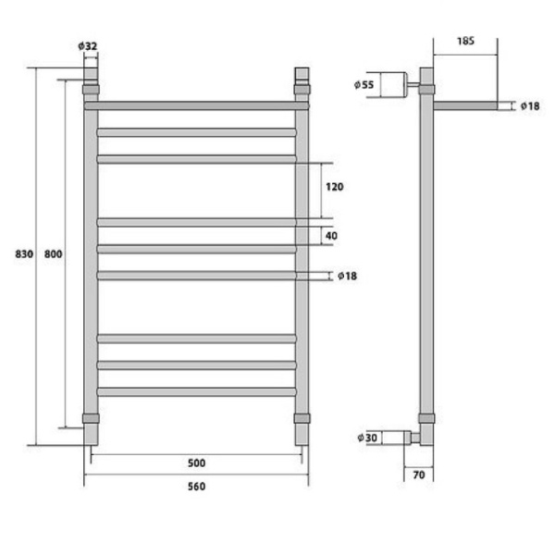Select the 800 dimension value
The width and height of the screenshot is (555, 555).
click(x=53, y=254)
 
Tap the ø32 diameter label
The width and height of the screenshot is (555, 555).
click(x=88, y=45)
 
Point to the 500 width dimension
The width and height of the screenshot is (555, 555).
click(x=196, y=463)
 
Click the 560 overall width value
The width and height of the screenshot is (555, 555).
click(x=196, y=487)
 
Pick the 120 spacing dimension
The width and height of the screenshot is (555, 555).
click(x=334, y=187)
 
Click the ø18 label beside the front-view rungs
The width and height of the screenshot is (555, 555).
click(x=347, y=276)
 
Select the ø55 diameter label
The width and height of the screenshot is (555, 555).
click(x=364, y=85)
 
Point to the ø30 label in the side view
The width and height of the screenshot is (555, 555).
click(x=365, y=437)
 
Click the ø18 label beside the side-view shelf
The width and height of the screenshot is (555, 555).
click(x=529, y=106)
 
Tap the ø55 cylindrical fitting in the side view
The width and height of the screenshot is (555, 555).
click(x=393, y=85)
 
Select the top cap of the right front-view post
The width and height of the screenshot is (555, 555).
click(x=302, y=74)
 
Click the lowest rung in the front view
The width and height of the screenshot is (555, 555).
click(x=196, y=392)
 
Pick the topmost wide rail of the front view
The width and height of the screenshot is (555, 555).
click(x=196, y=105)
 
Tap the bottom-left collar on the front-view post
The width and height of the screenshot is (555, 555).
click(x=91, y=418)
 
